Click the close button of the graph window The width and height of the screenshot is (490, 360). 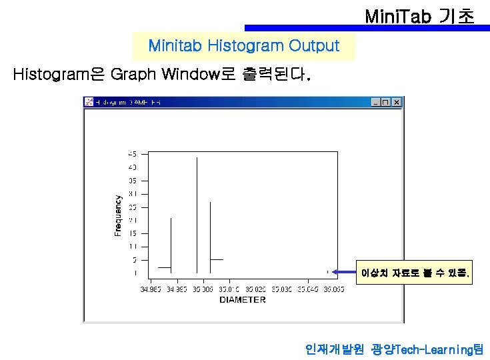pos(397,102)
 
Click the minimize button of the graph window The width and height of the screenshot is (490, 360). pos(376,102)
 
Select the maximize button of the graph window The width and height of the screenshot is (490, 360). pos(386,102)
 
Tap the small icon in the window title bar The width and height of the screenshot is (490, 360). pos(88,102)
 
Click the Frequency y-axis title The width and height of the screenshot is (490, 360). pos(118,215)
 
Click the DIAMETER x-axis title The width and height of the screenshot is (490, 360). pos(242,299)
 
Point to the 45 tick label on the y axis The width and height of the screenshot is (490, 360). pos(132,153)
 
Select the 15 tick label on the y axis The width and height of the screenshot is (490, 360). pos(132,233)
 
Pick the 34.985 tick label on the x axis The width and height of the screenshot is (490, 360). pos(151,289)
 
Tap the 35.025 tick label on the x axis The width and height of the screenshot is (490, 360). pos(255,289)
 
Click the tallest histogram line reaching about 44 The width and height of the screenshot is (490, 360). pos(197,213)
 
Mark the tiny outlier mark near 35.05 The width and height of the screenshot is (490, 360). pos(327,271)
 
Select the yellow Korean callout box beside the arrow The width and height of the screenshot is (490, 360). pos(415,273)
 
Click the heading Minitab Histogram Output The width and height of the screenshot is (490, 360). pos(243,46)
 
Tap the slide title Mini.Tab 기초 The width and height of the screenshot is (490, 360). pos(420,15)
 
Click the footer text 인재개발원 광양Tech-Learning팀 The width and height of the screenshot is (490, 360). pos(393,349)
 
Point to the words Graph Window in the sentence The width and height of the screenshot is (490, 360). pos(172,74)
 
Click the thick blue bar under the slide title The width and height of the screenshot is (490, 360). pos(367,28)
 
